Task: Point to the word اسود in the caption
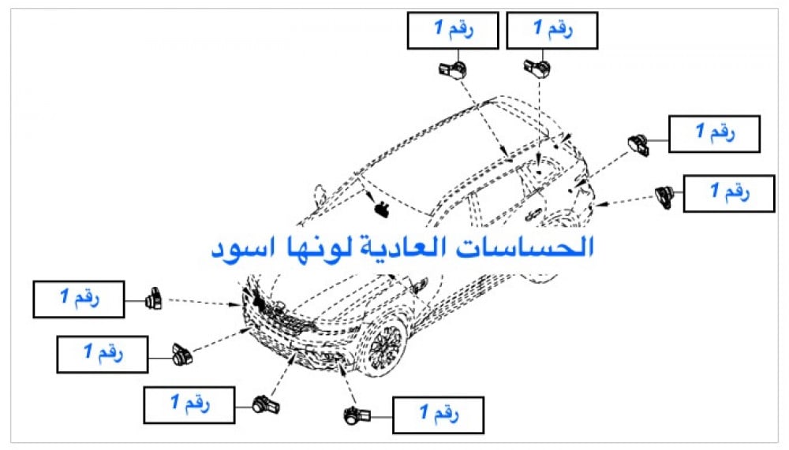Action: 241,249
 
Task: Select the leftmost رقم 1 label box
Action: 78,299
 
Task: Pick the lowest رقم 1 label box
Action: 437,415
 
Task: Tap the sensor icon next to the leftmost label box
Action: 154,298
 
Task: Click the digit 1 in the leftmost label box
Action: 64,299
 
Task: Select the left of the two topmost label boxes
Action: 453,31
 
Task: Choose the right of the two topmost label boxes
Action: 552,31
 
